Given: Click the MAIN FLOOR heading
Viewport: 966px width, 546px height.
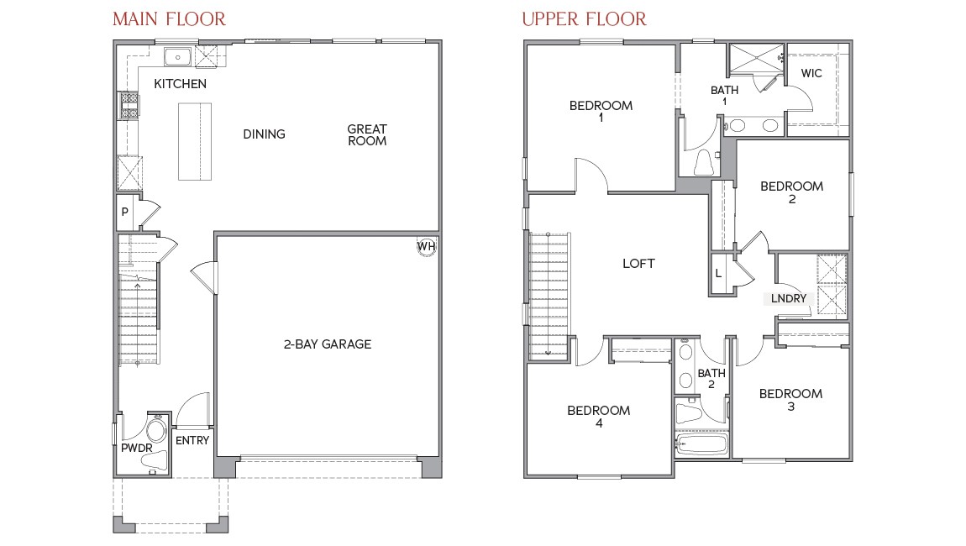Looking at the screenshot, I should (x=169, y=18).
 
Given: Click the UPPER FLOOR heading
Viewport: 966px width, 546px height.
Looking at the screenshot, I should (x=584, y=18).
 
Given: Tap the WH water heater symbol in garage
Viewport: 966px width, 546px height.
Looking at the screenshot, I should (x=426, y=246).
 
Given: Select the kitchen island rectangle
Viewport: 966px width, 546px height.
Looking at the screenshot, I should (x=195, y=141).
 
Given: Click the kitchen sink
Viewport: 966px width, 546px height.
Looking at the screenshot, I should (x=178, y=57).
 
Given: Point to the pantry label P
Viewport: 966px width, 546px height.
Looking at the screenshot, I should (x=124, y=213).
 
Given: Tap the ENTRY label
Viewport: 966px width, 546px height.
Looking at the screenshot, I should (x=192, y=440).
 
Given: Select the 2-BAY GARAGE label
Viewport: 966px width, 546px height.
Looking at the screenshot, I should (x=327, y=344).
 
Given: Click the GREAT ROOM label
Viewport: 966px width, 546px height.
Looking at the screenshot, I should (x=367, y=134).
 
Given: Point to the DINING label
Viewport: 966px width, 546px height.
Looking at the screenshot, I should (x=264, y=134).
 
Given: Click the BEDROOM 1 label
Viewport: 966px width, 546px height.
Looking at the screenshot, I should (x=601, y=112).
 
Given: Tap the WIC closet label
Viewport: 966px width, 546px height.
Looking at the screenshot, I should (x=811, y=73).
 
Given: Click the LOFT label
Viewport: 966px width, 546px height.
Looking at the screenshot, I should (x=638, y=263).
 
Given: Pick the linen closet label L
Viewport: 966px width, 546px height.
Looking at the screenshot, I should (x=719, y=274).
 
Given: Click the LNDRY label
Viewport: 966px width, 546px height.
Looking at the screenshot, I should (x=789, y=298).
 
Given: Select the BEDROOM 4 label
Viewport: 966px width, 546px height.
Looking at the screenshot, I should (x=598, y=417).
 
